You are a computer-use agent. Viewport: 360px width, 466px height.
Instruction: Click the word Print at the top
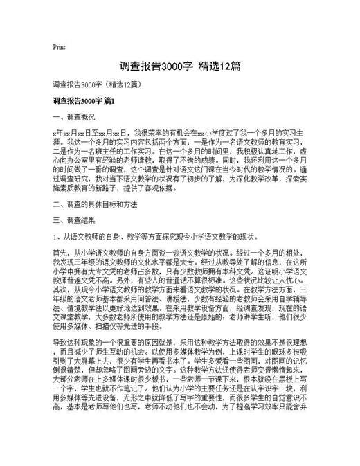pos(59,48)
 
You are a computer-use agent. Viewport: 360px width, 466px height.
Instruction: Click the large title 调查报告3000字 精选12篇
pos(180,66)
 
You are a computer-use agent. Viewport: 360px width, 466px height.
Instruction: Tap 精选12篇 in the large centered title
pos(219,66)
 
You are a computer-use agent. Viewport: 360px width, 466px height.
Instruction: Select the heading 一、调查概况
pos(73,118)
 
